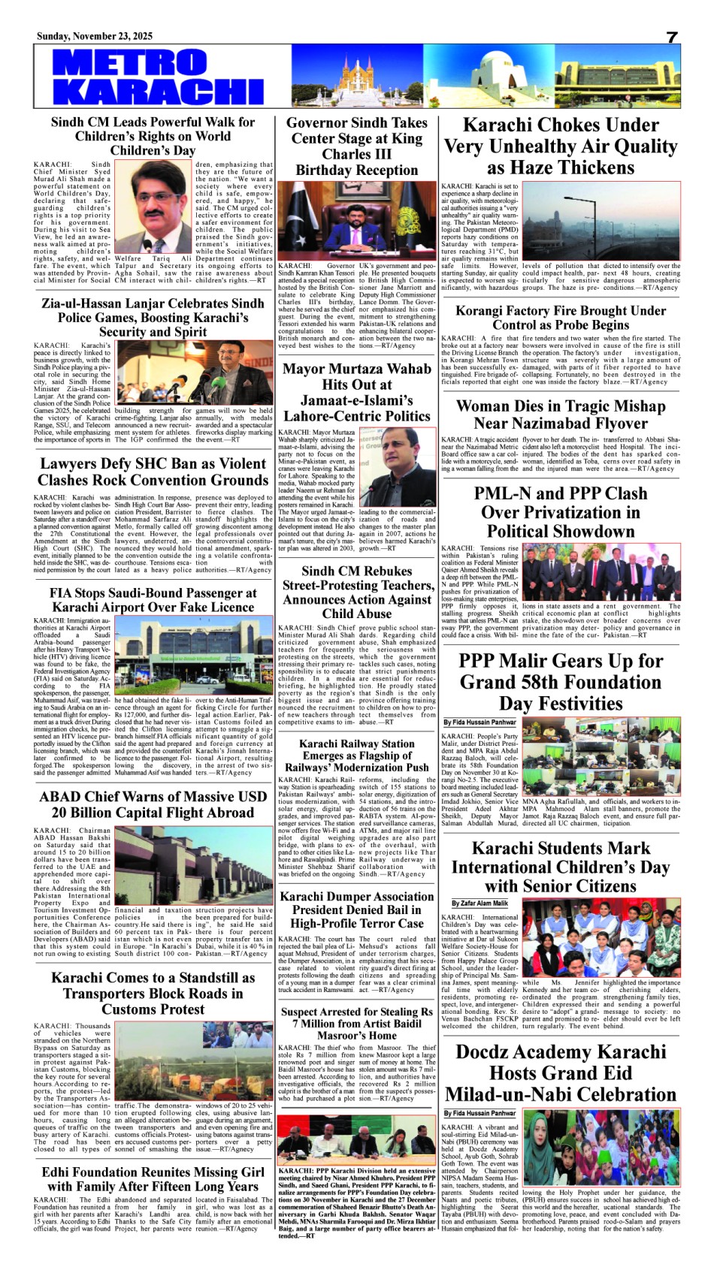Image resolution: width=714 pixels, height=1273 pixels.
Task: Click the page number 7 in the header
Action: point(672,38)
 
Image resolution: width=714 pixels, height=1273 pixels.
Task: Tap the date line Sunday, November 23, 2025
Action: point(95,36)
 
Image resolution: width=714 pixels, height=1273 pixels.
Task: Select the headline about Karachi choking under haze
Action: point(560,146)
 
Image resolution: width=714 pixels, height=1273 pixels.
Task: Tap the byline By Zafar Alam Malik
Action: point(480,903)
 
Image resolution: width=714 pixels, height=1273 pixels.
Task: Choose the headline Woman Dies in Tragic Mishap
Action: point(560,415)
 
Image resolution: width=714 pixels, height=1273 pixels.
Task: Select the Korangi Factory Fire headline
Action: point(560,317)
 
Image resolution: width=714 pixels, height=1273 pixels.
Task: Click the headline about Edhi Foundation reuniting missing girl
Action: point(153,1179)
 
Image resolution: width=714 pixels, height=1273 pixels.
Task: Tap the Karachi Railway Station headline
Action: point(356,756)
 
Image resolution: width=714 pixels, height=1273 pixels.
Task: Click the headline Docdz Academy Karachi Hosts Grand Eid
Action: point(560,1072)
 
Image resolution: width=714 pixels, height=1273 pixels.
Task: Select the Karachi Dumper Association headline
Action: point(356,910)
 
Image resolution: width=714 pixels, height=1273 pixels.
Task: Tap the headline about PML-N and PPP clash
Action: point(560,512)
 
